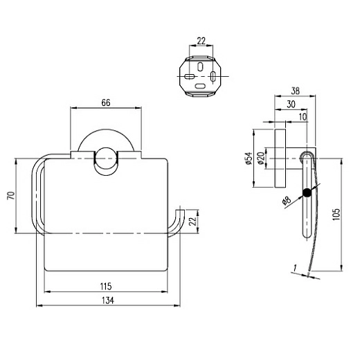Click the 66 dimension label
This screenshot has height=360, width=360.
pos(106,102)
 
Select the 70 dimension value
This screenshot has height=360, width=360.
pos(12,196)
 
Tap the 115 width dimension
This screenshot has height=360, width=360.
pos(106,287)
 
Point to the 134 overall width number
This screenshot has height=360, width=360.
pos(108,300)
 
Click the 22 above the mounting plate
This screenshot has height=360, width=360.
pos(201,42)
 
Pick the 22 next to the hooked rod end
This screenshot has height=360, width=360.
pos(192,222)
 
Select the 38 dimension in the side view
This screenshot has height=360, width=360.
pos(295,91)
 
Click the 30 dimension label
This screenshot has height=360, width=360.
pos(291,105)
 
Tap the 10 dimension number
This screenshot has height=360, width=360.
pos(303,117)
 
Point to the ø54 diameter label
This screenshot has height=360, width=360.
pos(249,159)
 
